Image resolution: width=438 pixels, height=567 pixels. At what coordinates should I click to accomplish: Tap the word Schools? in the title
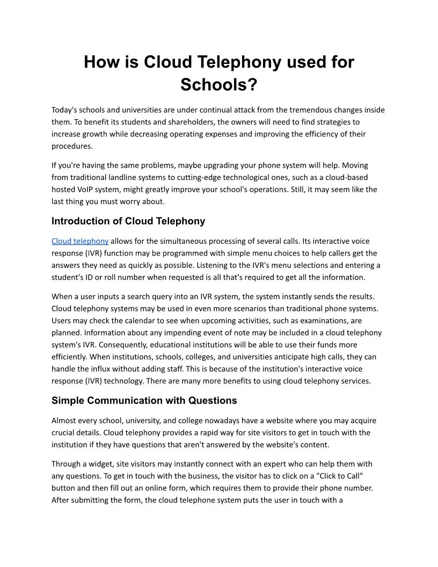pyautogui.click(x=219, y=84)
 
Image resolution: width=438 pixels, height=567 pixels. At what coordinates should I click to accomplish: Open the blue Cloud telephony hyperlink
pyautogui.click(x=80, y=241)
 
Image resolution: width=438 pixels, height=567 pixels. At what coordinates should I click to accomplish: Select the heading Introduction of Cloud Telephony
pyautogui.click(x=128, y=221)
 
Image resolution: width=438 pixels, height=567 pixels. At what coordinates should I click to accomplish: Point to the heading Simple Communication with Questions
pyautogui.click(x=144, y=401)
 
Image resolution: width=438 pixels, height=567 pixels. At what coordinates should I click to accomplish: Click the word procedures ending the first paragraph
pyautogui.click(x=72, y=146)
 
